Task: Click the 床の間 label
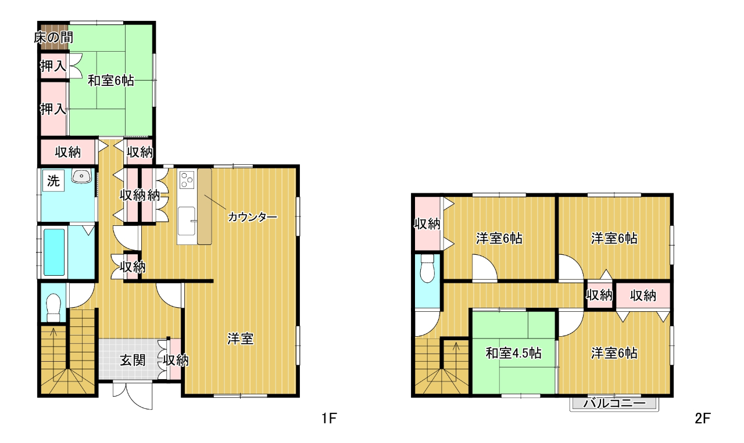click(x=53, y=38)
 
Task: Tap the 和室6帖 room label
click(x=110, y=81)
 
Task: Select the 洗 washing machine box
click(x=53, y=181)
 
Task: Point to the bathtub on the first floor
click(x=54, y=252)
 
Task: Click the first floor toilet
click(x=53, y=308)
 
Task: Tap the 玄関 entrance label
click(x=133, y=360)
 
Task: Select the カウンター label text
click(x=252, y=217)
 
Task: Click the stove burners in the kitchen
click(x=187, y=179)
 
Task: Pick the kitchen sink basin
click(x=187, y=221)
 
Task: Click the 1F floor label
click(x=329, y=419)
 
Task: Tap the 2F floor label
click(x=703, y=419)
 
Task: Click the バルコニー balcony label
click(x=614, y=404)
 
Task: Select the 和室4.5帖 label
click(x=513, y=353)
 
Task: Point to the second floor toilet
click(x=427, y=268)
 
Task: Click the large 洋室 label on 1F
click(x=241, y=339)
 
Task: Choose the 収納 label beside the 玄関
click(x=176, y=360)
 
